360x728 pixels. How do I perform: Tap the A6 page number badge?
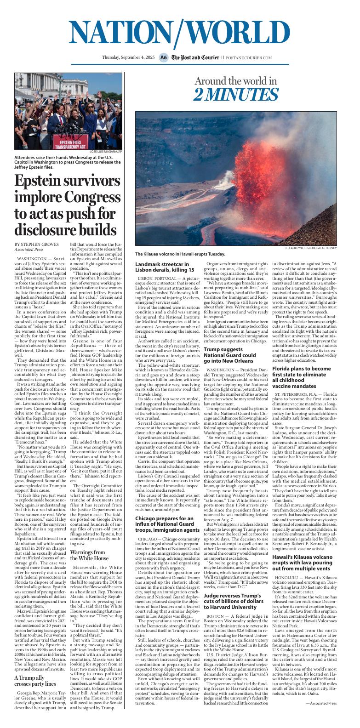(x=163, y=58)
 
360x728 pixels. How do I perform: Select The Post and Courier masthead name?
(x=195, y=58)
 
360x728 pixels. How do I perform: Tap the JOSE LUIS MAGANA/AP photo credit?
(x=106, y=151)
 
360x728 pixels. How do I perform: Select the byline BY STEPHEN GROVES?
(x=36, y=244)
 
